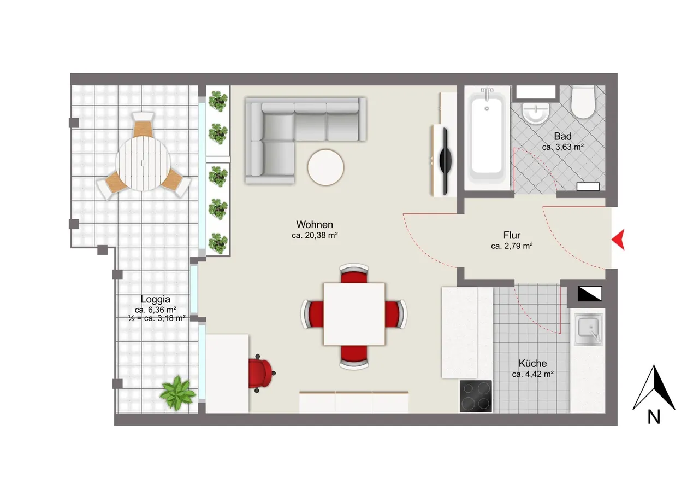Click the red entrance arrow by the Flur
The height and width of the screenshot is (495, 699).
click(x=619, y=240)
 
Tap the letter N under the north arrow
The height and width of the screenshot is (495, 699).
click(x=654, y=417)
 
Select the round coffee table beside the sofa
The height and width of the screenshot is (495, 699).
click(x=325, y=167)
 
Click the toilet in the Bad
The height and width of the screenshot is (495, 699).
click(x=583, y=102)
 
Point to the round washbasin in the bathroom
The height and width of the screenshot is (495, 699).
click(x=536, y=113)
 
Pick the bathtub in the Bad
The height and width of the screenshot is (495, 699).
click(x=487, y=138)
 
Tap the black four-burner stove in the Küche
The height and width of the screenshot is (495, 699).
click(x=476, y=396)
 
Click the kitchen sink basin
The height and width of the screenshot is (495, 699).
click(x=588, y=329)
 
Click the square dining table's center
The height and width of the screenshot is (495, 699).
click(x=354, y=314)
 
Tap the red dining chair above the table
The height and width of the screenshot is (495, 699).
click(x=354, y=273)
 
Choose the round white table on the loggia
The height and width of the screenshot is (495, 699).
click(x=143, y=164)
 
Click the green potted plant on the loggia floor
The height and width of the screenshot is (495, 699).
click(x=177, y=393)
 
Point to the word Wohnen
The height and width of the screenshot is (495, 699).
click(x=315, y=224)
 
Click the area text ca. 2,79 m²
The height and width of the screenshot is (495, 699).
click(x=512, y=246)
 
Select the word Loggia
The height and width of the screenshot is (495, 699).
click(x=156, y=299)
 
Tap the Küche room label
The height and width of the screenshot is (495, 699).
click(x=532, y=363)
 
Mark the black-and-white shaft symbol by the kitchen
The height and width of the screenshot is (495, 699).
click(x=590, y=294)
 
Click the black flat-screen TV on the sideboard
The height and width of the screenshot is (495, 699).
click(x=445, y=161)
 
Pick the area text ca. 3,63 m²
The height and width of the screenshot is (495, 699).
click(x=562, y=147)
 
